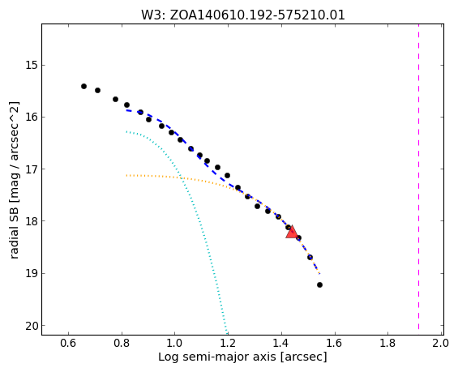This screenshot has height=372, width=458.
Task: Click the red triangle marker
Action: point(292,233)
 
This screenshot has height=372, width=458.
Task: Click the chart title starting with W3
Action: point(243,15)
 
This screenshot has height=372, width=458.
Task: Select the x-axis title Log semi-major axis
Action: point(242,357)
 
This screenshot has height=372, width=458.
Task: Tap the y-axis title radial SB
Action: point(14,180)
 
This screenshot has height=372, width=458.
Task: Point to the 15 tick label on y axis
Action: point(32,65)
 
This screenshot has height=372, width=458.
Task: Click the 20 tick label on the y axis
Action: point(32,326)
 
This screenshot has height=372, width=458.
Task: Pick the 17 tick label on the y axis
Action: point(32,169)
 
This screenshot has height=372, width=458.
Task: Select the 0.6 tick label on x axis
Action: point(68,343)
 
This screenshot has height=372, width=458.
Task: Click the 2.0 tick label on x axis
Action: point(440,343)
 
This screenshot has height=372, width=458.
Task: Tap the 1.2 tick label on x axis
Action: point(228,343)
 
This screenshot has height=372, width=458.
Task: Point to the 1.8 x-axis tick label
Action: point(387,343)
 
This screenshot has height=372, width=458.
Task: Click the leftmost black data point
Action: point(83,86)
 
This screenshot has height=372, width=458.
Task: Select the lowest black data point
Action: point(319,284)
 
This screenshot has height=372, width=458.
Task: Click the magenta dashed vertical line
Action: point(418,179)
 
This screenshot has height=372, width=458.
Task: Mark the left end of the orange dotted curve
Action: point(126,176)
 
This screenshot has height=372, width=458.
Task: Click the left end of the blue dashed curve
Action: point(126,110)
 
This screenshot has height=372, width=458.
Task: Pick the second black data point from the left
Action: point(97,90)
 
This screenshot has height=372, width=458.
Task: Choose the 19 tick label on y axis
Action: point(32,273)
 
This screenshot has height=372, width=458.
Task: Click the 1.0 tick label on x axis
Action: point(174,343)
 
